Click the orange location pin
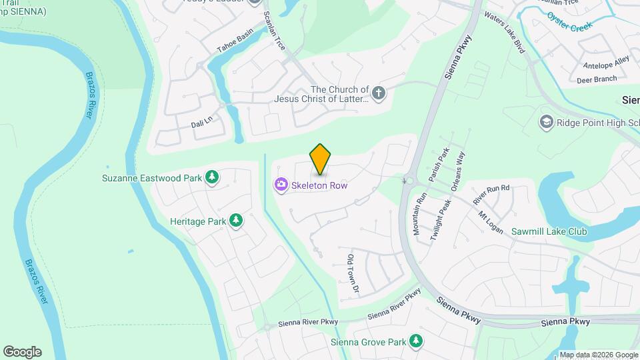click(x=321, y=159)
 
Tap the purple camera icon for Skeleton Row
click(x=281, y=185)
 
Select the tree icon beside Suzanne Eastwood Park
click(x=212, y=177)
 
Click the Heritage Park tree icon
click(x=235, y=220)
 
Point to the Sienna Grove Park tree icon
click(x=416, y=341)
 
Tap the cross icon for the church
click(x=379, y=93)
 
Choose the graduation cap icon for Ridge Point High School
click(x=547, y=122)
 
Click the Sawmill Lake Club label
click(x=549, y=232)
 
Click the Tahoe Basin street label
click(x=235, y=42)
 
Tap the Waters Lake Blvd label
click(x=505, y=32)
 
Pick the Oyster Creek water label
click(x=569, y=21)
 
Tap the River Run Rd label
click(x=491, y=195)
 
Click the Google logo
click(x=22, y=352)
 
